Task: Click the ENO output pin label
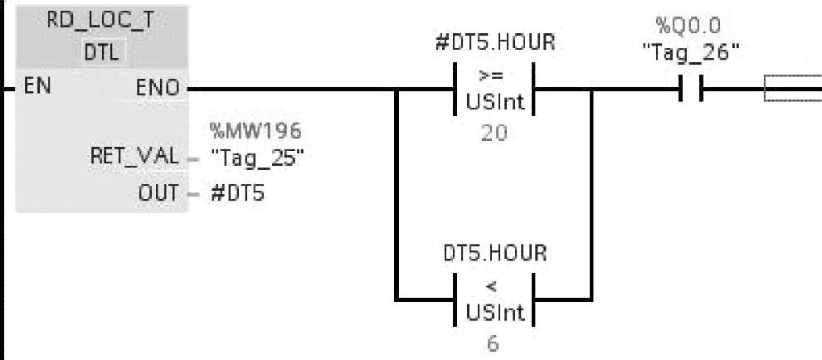[x=161, y=86]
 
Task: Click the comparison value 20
[x=494, y=134]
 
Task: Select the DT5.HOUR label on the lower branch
[x=494, y=255]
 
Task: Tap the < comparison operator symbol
[x=493, y=287]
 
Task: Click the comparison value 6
[x=494, y=343]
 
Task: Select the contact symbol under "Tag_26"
[x=691, y=89]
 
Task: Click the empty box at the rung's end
[x=792, y=89]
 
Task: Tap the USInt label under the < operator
[x=493, y=311]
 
